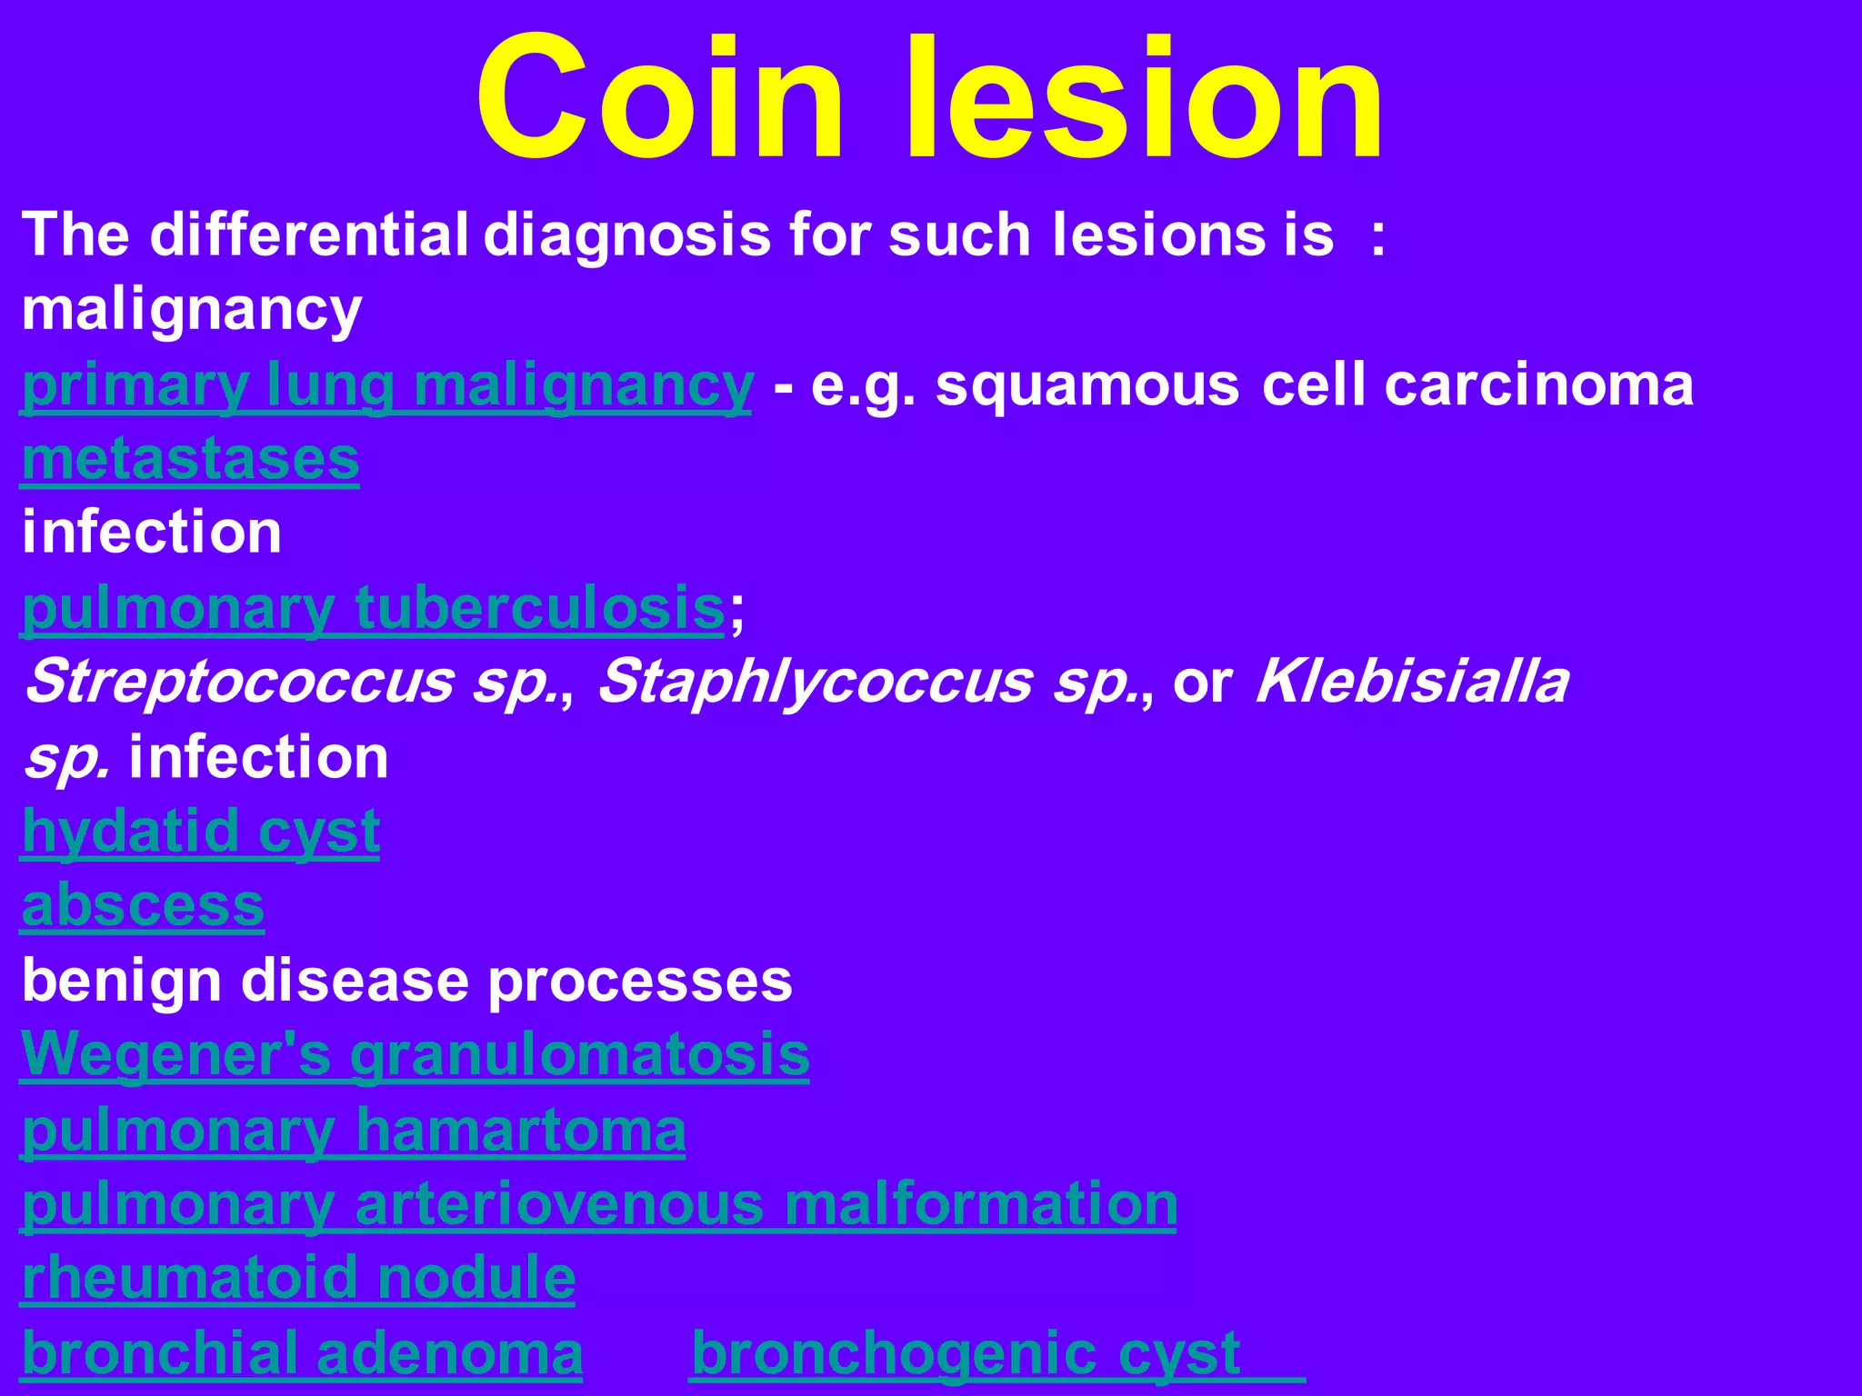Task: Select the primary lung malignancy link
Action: pos(386,385)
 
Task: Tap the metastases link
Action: pos(190,459)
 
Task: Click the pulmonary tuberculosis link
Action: pos(373,607)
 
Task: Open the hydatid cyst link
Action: pos(200,831)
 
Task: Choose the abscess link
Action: pos(143,905)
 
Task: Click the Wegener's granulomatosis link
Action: pos(415,1054)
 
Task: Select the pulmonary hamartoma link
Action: pos(354,1130)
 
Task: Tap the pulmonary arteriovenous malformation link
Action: pos(598,1204)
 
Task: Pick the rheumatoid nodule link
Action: pos(298,1278)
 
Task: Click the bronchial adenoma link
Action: pos(302,1352)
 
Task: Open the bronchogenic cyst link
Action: pos(966,1352)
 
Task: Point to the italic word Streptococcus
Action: pos(240,682)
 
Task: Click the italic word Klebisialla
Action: pos(1411,682)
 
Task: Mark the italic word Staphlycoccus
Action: pos(815,682)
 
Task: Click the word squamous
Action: pos(1087,385)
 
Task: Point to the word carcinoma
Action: pos(1538,385)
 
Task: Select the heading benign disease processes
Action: pos(406,981)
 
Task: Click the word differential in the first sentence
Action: pos(309,234)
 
